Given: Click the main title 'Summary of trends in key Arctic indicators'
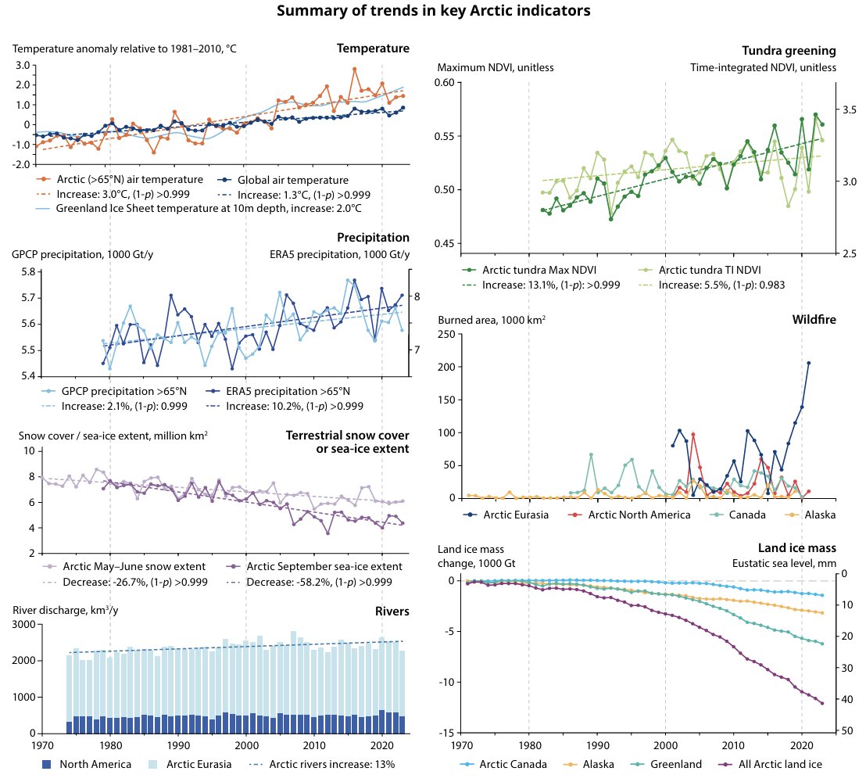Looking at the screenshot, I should pyautogui.click(x=433, y=11).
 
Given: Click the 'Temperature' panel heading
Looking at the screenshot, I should pyautogui.click(x=373, y=48).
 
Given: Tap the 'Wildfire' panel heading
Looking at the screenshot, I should pyautogui.click(x=814, y=319).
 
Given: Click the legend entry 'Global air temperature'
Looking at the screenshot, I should pyautogui.click(x=292, y=179).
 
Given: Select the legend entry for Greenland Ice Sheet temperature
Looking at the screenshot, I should pyautogui.click(x=208, y=209).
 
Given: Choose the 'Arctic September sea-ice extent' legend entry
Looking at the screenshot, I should pyautogui.click(x=324, y=566).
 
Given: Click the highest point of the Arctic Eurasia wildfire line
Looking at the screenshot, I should pyautogui.click(x=809, y=363).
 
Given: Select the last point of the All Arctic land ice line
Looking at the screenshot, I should pyautogui.click(x=822, y=703).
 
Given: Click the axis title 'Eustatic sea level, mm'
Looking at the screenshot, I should pyautogui.click(x=784, y=562).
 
